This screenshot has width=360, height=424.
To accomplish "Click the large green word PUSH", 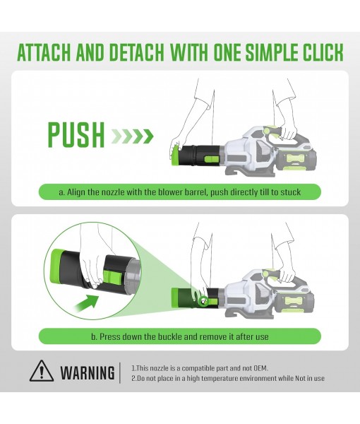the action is pyautogui.click(x=76, y=135).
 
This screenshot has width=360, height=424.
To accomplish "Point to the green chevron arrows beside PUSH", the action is pyautogui.click(x=132, y=136).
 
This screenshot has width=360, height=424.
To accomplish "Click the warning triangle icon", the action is pyautogui.click(x=41, y=371).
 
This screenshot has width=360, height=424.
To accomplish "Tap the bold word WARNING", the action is pyautogui.click(x=88, y=372).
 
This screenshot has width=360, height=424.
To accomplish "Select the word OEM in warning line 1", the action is pyautogui.click(x=260, y=368).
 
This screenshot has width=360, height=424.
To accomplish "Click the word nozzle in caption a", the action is pyautogui.click(x=112, y=192).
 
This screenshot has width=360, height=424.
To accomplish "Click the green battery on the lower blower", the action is pyautogui.click(x=296, y=303).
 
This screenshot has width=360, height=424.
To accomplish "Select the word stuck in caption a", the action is pyautogui.click(x=291, y=192).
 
